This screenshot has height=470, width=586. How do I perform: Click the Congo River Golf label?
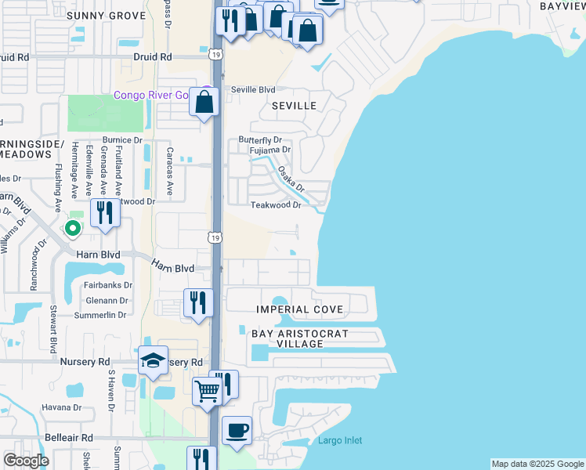153,95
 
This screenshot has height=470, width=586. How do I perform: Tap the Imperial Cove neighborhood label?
300,309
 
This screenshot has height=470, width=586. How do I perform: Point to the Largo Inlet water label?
340,440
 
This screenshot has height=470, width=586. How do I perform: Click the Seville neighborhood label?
294,105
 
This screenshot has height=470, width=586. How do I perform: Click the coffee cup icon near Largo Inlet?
237,430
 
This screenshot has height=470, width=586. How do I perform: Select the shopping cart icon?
208,390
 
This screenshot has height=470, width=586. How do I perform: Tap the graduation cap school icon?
153,360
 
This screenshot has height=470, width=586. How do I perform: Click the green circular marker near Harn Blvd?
72,229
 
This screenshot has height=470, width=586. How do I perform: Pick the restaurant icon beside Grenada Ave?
103,211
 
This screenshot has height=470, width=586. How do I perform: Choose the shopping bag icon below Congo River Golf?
204,103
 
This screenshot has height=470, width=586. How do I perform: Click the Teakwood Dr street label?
276,204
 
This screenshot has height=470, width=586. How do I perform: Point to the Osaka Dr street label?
291,177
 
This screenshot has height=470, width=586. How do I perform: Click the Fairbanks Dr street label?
108,286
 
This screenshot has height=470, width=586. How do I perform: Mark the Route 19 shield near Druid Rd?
215,54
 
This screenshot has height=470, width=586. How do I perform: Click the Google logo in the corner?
27,461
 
